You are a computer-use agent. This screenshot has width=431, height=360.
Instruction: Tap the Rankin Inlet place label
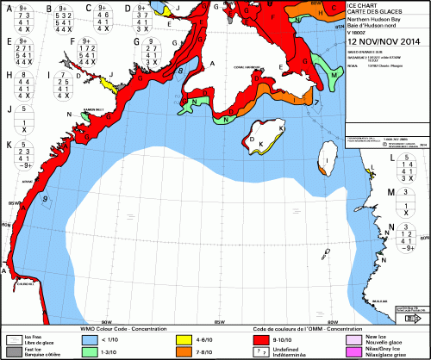[x=94, y=110]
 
